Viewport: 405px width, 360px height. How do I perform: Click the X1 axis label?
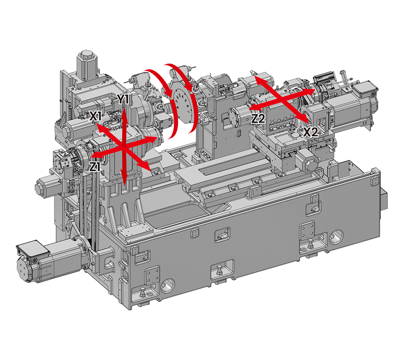click(x=94, y=116)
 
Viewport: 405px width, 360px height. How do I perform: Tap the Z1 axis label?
click(x=95, y=167)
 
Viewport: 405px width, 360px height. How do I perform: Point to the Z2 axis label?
click(x=258, y=119)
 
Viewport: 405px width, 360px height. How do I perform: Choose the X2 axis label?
click(x=310, y=132)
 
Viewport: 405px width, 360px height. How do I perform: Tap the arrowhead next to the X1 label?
click(x=101, y=127)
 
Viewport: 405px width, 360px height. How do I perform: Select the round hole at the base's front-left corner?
click(x=168, y=284)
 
